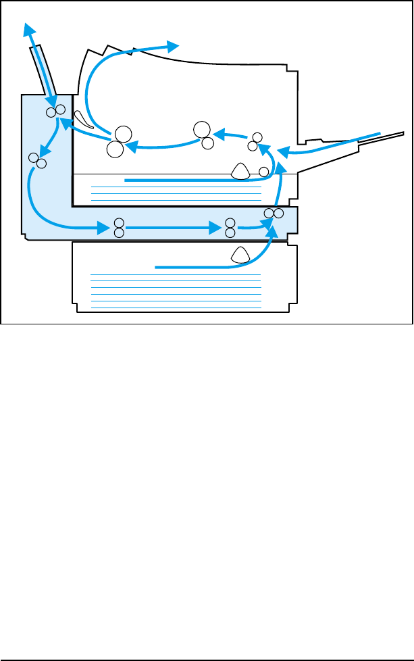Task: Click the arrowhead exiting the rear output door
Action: click(x=28, y=28)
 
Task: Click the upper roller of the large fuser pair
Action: click(x=123, y=134)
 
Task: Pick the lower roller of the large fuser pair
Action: click(x=115, y=149)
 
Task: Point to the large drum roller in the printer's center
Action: click(x=201, y=129)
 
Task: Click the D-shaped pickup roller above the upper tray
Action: click(x=240, y=171)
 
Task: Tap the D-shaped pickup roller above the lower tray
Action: click(x=240, y=254)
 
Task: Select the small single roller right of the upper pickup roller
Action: click(x=264, y=171)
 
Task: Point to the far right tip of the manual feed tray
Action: click(x=401, y=134)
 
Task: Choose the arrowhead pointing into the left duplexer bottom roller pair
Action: click(x=103, y=228)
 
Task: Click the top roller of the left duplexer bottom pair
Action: click(x=119, y=223)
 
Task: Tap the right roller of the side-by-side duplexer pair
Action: click(x=278, y=214)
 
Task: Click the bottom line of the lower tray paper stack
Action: click(x=176, y=307)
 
